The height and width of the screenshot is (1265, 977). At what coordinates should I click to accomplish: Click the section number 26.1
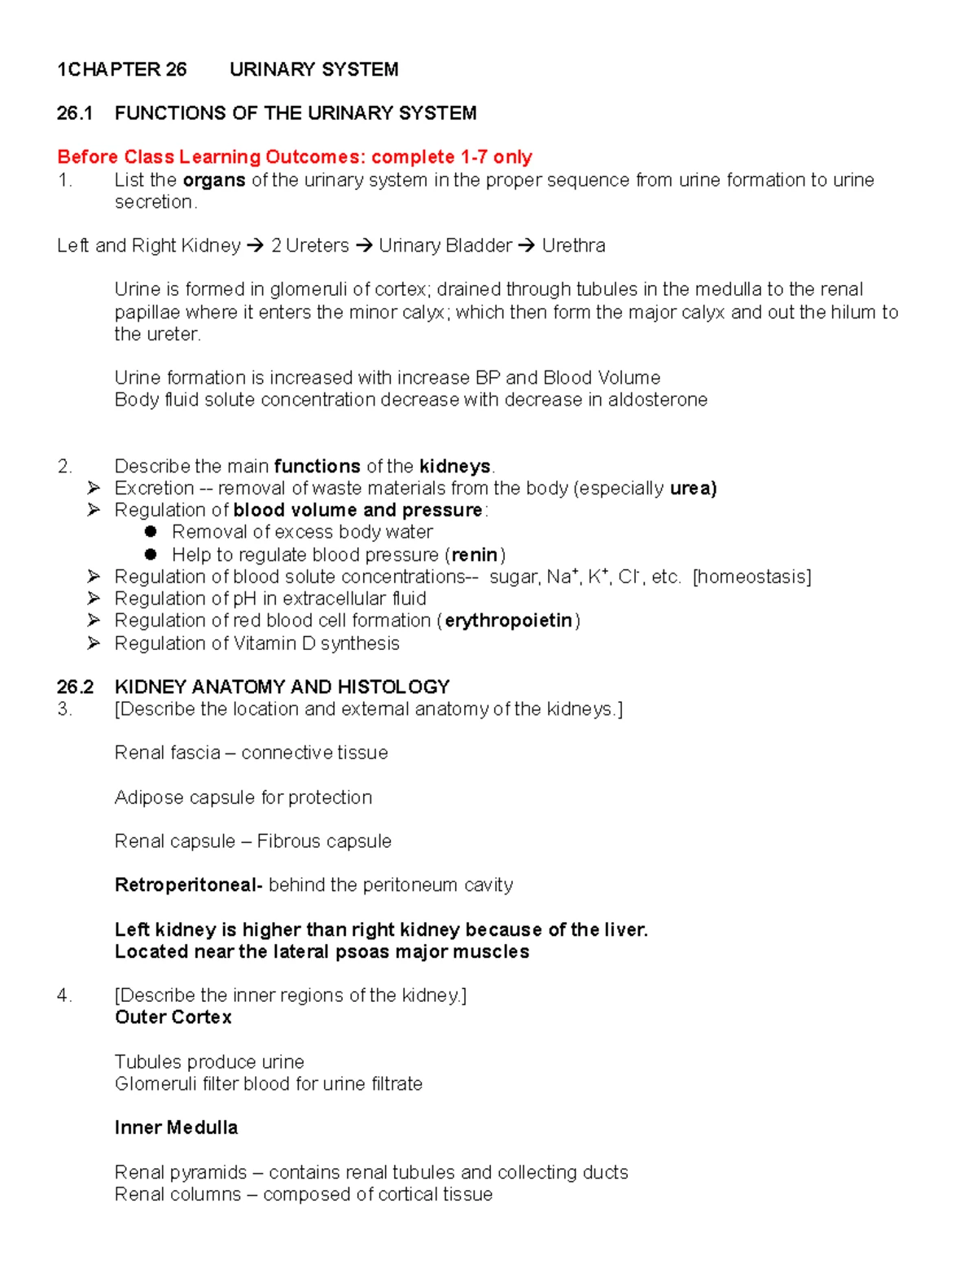[x=74, y=113]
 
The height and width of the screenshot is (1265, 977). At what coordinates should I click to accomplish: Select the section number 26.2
[x=75, y=687]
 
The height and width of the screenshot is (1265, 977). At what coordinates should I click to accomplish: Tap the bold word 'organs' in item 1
[x=214, y=180]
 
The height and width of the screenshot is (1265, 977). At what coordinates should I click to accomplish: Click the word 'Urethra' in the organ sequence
[x=573, y=245]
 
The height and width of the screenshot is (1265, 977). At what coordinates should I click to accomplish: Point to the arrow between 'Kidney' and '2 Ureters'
[x=255, y=245]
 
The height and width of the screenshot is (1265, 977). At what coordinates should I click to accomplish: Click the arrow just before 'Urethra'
[x=526, y=245]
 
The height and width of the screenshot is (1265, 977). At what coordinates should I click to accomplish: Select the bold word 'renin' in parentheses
[x=474, y=555]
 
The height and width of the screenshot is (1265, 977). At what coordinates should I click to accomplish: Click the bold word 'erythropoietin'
[x=508, y=621]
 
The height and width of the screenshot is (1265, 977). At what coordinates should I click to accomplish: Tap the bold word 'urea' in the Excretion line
[x=691, y=488]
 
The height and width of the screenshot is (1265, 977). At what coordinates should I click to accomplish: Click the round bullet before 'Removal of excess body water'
[x=151, y=532]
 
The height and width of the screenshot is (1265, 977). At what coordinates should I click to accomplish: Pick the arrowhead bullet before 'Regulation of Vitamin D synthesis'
[x=94, y=643]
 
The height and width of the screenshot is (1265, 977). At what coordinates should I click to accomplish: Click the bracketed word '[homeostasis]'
[x=751, y=577]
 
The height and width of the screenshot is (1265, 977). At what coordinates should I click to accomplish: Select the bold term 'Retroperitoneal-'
[x=188, y=885]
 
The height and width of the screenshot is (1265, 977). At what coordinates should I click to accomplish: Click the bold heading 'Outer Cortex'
[x=173, y=1017]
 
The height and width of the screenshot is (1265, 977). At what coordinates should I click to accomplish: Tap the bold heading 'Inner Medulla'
[x=176, y=1127]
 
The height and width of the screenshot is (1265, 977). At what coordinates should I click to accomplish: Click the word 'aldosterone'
[x=658, y=400]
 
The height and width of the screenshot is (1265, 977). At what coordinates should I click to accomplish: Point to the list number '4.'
[x=64, y=995]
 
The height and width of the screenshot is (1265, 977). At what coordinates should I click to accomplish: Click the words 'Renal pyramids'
[x=180, y=1172]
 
